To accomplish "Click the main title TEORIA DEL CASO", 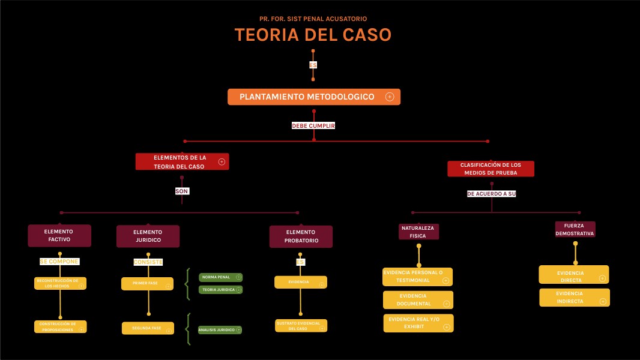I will [x=313, y=35].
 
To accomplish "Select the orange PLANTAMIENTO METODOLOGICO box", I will [x=307, y=97].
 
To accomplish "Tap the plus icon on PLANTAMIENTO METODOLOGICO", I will [x=390, y=97].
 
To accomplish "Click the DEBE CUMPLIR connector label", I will [x=313, y=126].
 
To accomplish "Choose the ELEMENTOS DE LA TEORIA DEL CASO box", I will [x=180, y=161].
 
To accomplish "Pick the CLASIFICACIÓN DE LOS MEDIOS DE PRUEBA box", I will [x=491, y=169].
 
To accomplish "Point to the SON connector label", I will [x=182, y=191].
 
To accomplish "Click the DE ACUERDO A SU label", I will [x=491, y=194].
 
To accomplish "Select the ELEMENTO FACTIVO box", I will [x=59, y=235].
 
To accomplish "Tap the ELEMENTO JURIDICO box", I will [x=148, y=236].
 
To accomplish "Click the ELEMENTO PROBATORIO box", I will [x=301, y=236].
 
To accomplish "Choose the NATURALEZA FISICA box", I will [x=418, y=232].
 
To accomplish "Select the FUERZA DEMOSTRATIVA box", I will [x=575, y=229].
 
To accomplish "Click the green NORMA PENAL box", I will [x=217, y=277].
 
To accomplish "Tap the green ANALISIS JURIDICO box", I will [x=217, y=329].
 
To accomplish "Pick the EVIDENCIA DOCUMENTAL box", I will [x=414, y=299].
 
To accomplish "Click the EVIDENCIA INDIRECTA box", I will [x=570, y=297].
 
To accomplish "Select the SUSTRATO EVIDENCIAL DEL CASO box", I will [x=298, y=326].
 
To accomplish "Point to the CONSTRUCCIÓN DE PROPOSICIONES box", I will [x=58, y=326].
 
